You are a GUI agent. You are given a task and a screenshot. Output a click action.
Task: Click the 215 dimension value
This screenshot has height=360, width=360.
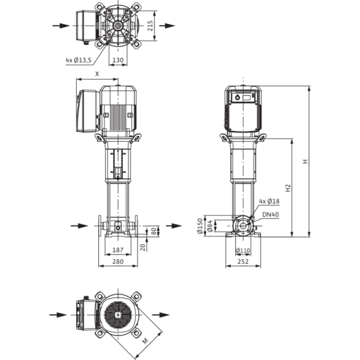pyautogui.click(x=150, y=26)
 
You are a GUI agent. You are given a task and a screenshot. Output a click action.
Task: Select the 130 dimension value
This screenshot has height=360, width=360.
pyautogui.click(x=118, y=60)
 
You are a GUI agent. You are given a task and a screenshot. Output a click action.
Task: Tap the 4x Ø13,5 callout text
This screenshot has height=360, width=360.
pyautogui.click(x=79, y=60)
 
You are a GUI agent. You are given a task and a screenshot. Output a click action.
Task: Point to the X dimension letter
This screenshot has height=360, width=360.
pyautogui.click(x=97, y=74)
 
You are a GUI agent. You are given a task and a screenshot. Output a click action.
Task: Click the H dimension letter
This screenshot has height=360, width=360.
pyautogui.click(x=305, y=161)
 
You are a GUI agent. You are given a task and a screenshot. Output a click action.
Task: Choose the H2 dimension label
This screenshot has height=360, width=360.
pyautogui.click(x=288, y=188)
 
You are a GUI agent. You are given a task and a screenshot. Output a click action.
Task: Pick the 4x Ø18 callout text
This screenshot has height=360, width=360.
pyautogui.click(x=269, y=202)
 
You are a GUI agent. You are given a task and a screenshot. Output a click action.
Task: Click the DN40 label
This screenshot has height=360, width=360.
pyautogui.click(x=271, y=214)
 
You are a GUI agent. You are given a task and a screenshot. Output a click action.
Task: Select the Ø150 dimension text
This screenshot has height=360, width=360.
pyautogui.click(x=200, y=226)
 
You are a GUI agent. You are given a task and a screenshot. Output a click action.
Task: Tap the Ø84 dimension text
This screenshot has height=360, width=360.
pyautogui.click(x=209, y=226)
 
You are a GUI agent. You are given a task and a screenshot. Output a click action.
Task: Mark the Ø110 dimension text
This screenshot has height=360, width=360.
pyautogui.click(x=243, y=250)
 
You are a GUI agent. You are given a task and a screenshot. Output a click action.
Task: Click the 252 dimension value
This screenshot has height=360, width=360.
pyautogui.click(x=243, y=262)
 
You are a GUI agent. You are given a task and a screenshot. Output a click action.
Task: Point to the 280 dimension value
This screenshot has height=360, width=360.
pyautogui.click(x=118, y=262)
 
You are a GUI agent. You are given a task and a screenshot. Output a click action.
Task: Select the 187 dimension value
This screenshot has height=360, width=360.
pyautogui.click(x=118, y=250)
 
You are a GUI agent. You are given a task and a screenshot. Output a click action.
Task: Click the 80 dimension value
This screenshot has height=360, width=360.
pyautogui.click(x=154, y=231)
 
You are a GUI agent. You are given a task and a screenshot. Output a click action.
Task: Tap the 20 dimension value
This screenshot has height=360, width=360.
pyautogui.click(x=143, y=247)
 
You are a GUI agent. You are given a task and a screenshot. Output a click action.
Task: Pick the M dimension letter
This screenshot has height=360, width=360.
pyautogui.click(x=145, y=341)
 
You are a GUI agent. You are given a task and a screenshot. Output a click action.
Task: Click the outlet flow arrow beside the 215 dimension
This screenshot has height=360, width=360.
pyautogui.click(x=167, y=26)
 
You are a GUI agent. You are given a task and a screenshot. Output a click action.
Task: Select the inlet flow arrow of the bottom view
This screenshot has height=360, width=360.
pyautogui.click(x=58, y=315)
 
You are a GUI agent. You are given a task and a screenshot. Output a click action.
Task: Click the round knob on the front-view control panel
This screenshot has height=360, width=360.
pyautogui.click(x=238, y=98)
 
